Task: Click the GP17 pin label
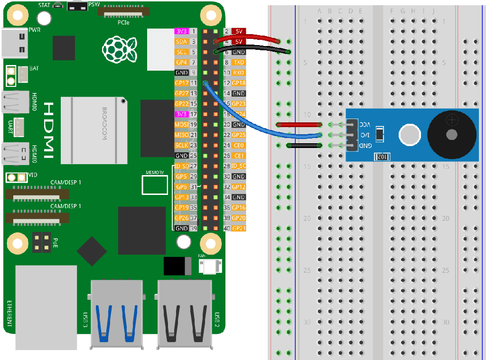[182, 83]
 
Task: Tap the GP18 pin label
[239, 83]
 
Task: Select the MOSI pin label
[182, 124]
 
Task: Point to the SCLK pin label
[182, 145]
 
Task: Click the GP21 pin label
[239, 228]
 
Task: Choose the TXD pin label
[239, 62]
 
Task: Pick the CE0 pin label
[239, 145]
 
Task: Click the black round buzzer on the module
[452, 134]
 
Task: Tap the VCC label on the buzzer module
[364, 124]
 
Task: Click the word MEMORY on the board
[155, 173]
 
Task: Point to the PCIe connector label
[123, 22]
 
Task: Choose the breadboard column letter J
[433, 11]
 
